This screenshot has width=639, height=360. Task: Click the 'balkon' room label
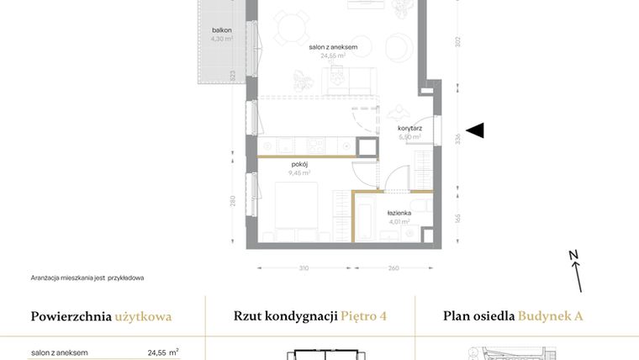(x=222, y=30)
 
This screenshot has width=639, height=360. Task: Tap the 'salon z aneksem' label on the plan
(x=333, y=47)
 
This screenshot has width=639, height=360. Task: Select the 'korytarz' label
(x=409, y=129)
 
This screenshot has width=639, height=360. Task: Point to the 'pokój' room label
(x=300, y=164)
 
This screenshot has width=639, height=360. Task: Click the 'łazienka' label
(x=399, y=214)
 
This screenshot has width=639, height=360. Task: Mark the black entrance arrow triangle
(x=475, y=130)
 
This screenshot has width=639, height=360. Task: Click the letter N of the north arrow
(x=573, y=256)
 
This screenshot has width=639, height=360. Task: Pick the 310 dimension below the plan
(x=304, y=268)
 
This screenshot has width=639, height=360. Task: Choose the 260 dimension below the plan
(x=393, y=268)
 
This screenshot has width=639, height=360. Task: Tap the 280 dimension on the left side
(x=232, y=201)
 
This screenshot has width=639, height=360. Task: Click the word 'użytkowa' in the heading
(x=144, y=317)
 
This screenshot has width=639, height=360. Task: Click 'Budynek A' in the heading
(x=550, y=317)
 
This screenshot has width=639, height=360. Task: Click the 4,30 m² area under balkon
(x=222, y=39)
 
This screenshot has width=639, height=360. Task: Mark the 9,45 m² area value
(x=300, y=172)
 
